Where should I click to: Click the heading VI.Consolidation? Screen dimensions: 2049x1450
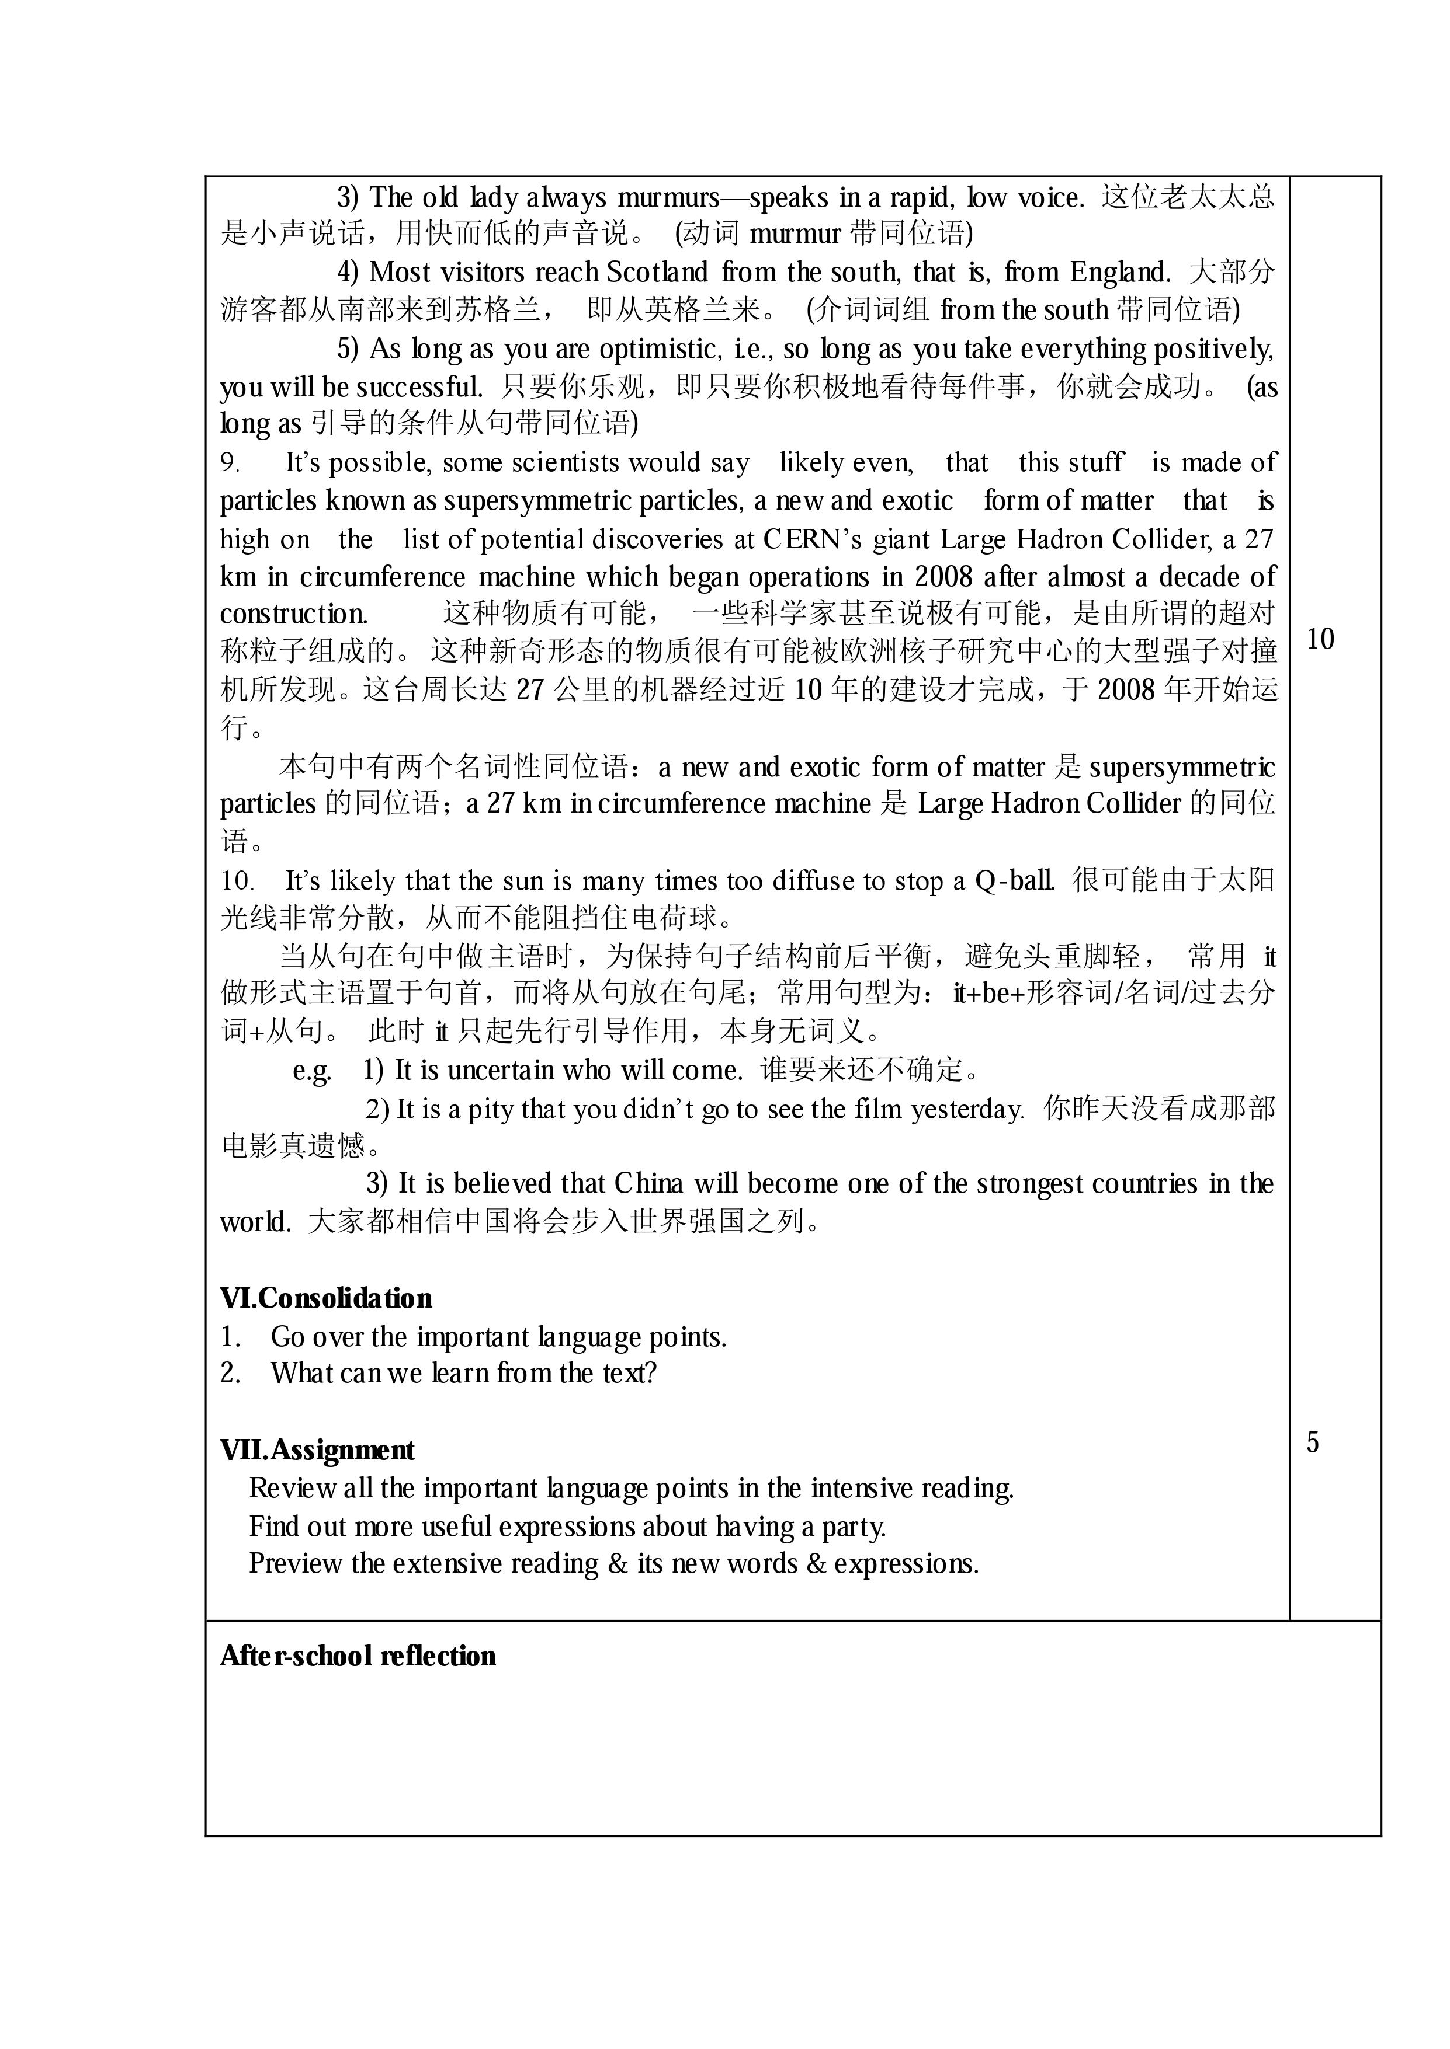[x=326, y=1298]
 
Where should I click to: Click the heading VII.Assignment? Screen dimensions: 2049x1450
[x=317, y=1450]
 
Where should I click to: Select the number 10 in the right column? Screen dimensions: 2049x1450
[x=1320, y=639]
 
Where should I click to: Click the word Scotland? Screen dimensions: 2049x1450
[x=657, y=272]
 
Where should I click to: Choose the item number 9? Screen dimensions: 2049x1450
[x=230, y=463]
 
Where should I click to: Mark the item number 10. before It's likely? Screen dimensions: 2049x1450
[x=238, y=881]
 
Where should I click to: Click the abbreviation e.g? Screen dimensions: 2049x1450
[x=311, y=1070]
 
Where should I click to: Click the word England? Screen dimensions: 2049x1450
[x=1121, y=272]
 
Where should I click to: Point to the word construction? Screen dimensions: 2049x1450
[x=293, y=614]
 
